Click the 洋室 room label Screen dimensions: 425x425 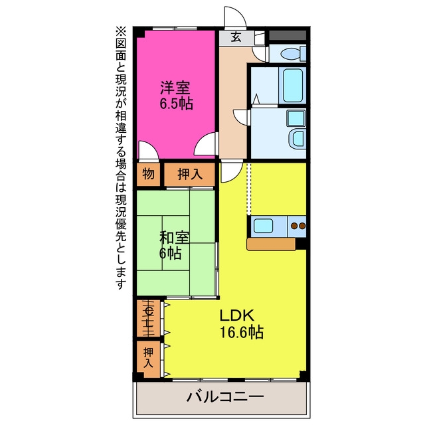(175, 88)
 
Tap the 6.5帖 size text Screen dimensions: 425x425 (176, 104)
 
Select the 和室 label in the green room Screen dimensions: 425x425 (174, 238)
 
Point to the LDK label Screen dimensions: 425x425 (236, 315)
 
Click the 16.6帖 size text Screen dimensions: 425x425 (242, 332)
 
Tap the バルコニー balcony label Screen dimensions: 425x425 (225, 397)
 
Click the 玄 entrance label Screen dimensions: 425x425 (236, 37)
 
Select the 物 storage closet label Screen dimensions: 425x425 (148, 174)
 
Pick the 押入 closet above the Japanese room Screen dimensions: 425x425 (190, 174)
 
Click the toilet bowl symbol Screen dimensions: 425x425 (293, 54)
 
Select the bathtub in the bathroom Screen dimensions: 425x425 (293, 85)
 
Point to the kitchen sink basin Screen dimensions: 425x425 (264, 226)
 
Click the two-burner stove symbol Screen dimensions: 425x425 (298, 226)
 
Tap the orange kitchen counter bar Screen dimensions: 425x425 (271, 244)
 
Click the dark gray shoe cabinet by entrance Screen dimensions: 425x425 (288, 35)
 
